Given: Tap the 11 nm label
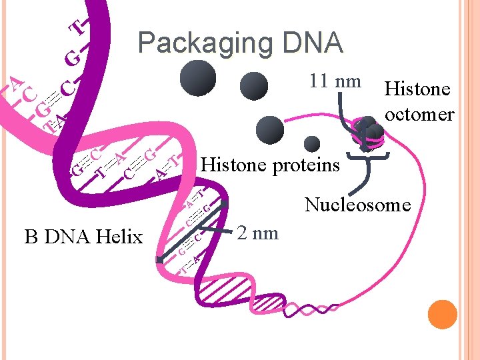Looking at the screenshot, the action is (x=334, y=81).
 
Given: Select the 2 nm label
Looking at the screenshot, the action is (x=258, y=233).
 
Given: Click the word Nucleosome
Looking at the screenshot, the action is (x=357, y=205).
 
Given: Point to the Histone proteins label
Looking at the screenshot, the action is (x=270, y=164).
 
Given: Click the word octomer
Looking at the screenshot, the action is (x=419, y=114).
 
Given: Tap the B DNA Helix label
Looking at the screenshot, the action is (x=83, y=236).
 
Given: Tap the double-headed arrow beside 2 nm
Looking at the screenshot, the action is (x=194, y=231).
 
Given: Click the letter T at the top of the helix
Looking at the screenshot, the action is (x=79, y=27).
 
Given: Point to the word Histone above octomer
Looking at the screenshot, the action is (x=417, y=89).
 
